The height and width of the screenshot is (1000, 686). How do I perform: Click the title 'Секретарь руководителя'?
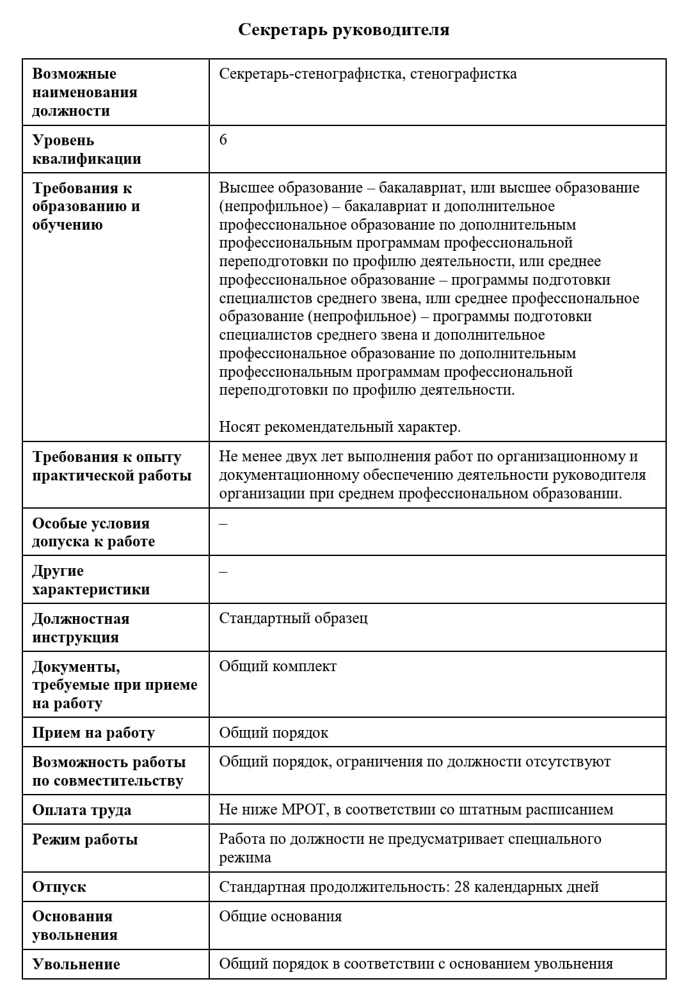[x=344, y=30]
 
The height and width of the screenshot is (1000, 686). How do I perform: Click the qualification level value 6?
[x=223, y=139]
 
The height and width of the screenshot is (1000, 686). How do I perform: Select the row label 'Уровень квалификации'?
[x=86, y=149]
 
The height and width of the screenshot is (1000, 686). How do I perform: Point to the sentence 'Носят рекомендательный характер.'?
[x=340, y=427]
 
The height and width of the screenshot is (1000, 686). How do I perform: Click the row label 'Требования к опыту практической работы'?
[x=111, y=466]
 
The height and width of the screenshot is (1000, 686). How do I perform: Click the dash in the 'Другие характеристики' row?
[x=223, y=571]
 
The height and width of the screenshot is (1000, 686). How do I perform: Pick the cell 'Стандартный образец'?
[x=293, y=618]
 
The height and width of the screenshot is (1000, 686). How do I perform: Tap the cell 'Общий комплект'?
[x=278, y=666]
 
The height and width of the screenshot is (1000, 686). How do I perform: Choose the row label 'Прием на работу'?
[x=93, y=733]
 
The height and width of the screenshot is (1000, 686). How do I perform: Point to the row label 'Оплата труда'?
[x=82, y=810]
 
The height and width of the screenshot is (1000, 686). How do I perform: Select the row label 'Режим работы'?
[x=85, y=839]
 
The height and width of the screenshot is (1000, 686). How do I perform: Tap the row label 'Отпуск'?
[x=59, y=887]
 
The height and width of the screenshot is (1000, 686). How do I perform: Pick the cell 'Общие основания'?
[x=280, y=916]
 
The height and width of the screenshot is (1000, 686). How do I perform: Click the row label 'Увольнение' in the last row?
[x=76, y=964]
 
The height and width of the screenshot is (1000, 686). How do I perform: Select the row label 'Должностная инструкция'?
[x=81, y=628]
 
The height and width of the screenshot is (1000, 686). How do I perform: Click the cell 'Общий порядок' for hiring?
[x=273, y=733]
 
